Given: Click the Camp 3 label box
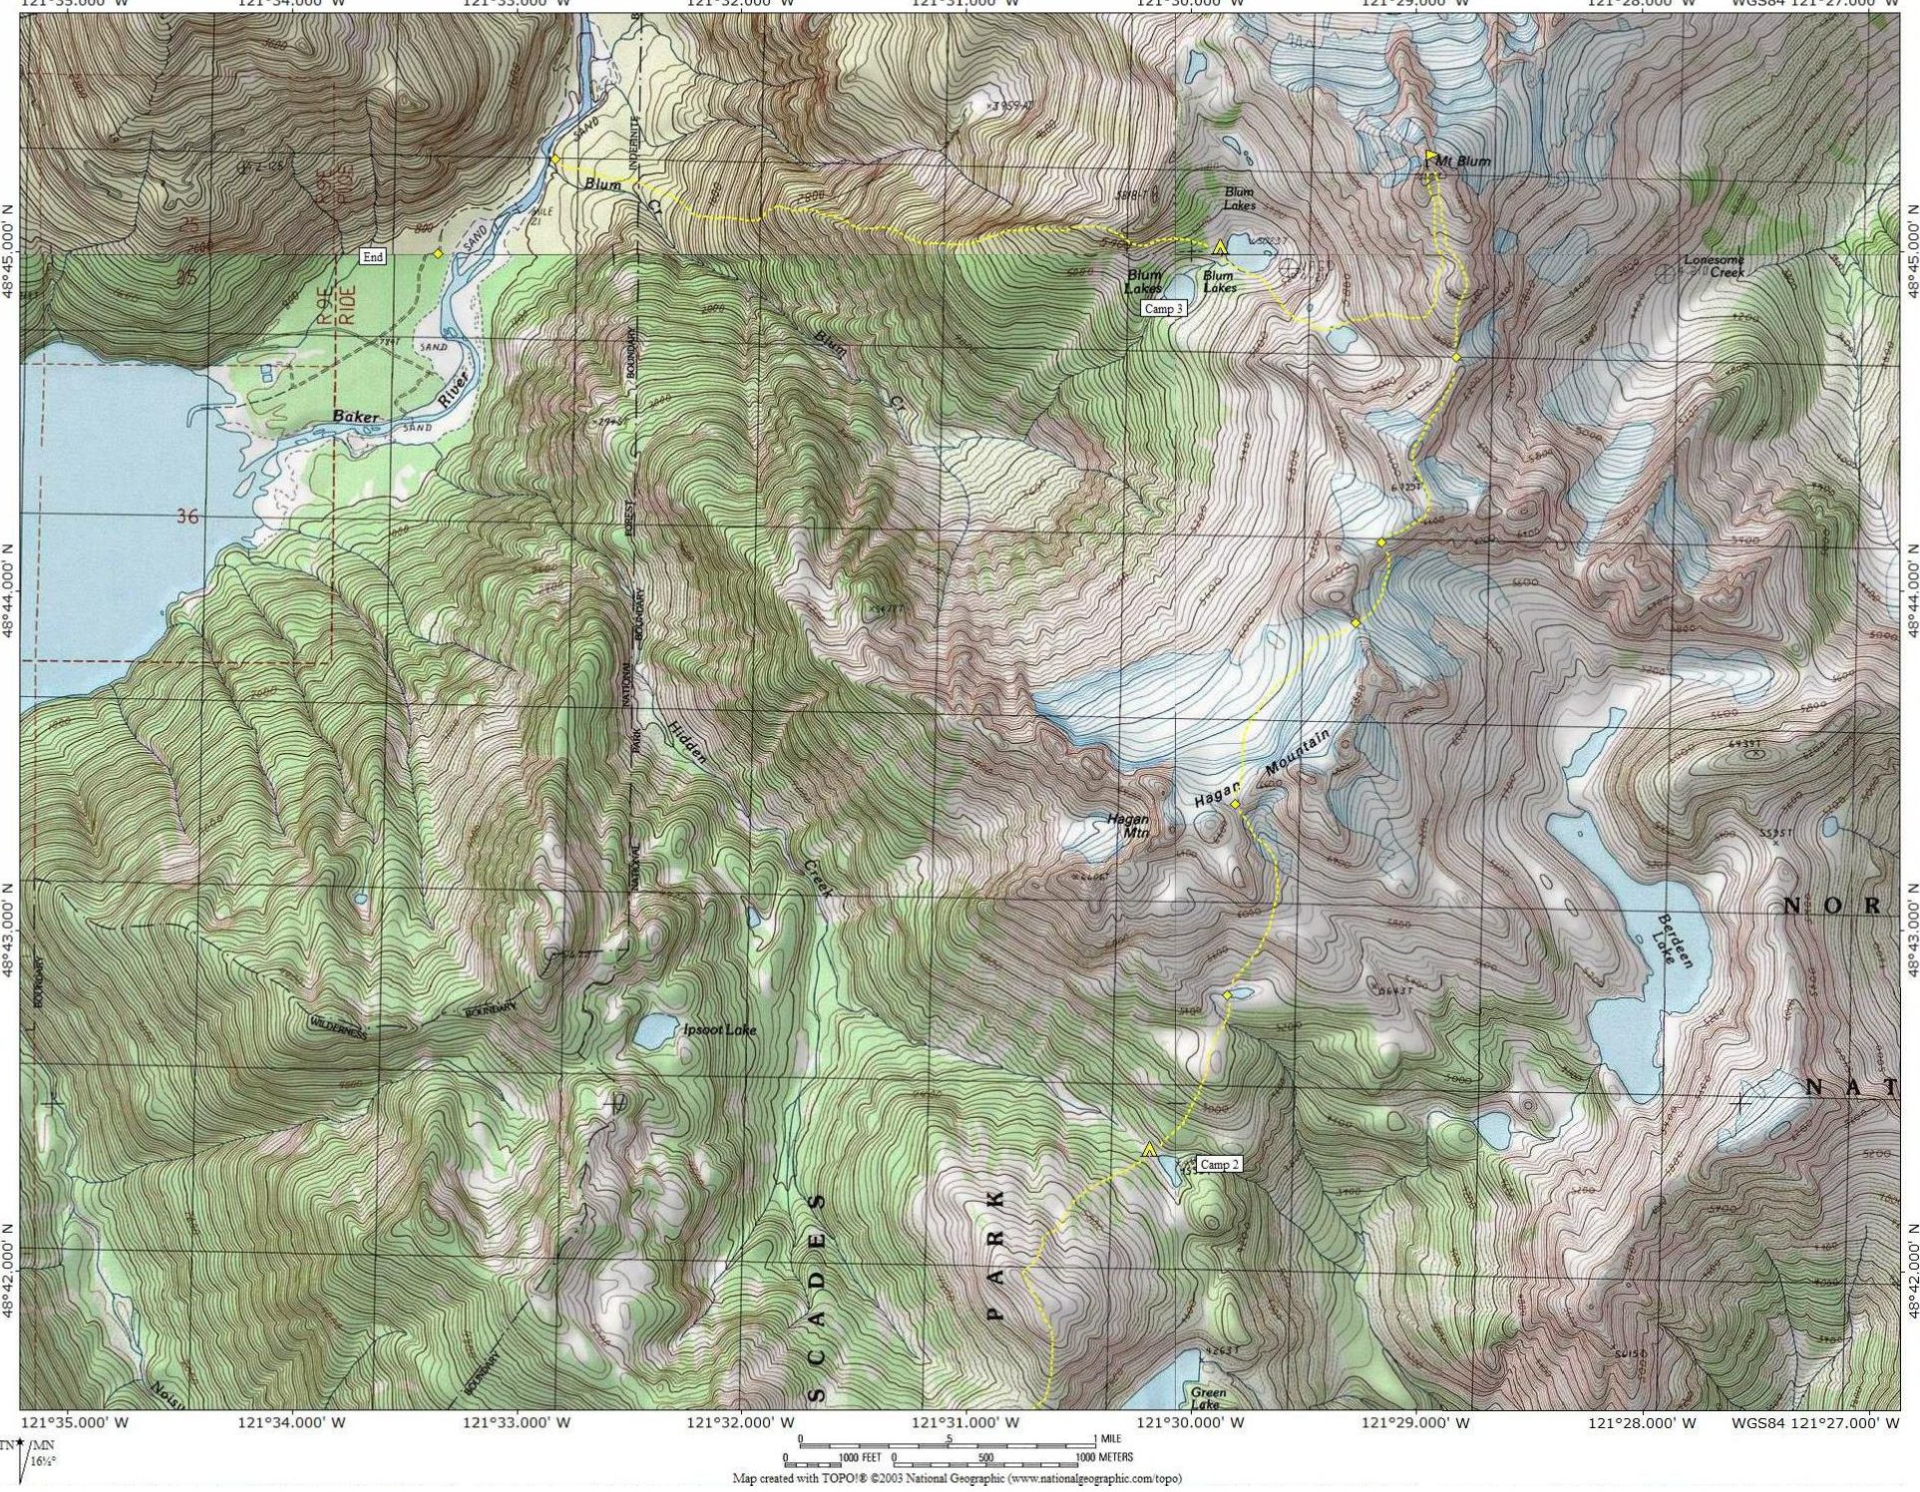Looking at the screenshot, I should click(1164, 308).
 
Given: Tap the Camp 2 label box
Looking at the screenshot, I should click(1220, 1164).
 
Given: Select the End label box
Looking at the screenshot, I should click(373, 256).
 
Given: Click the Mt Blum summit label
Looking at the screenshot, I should click(1464, 161).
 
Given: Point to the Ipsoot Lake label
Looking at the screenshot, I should click(720, 1029).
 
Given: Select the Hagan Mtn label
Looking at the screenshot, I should click(1128, 826).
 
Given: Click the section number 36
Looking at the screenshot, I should click(186, 516).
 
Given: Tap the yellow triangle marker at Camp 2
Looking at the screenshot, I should click(1149, 1150).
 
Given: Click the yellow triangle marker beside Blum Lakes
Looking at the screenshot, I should click(1219, 246).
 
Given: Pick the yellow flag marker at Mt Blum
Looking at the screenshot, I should click(1431, 156).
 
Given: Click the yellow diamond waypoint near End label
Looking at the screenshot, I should click(438, 253).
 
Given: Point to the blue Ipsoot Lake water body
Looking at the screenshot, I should click(653, 1031).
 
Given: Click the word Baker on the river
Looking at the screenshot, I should click(358, 416).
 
